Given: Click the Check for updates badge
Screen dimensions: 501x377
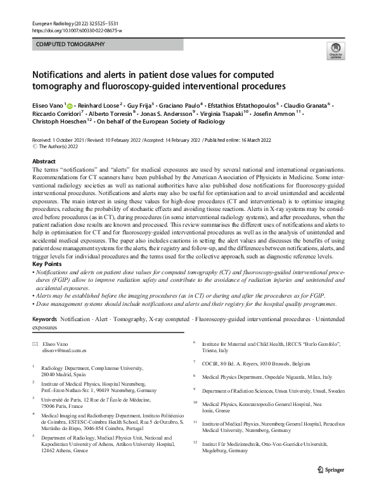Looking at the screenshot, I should tap(335, 50).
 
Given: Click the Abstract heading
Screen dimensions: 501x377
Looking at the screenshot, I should tap(44, 162).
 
